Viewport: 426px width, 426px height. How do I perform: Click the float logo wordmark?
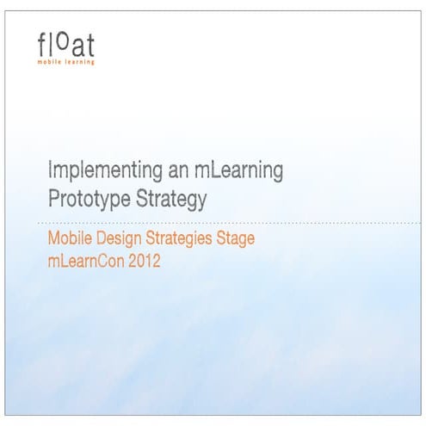click(66, 43)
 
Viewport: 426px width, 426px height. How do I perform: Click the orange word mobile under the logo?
click(49, 62)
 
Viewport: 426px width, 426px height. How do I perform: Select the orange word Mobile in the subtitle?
click(68, 239)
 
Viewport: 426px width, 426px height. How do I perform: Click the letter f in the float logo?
click(41, 43)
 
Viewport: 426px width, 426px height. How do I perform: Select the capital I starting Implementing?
click(50, 170)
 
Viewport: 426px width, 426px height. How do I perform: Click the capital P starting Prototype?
click(53, 201)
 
